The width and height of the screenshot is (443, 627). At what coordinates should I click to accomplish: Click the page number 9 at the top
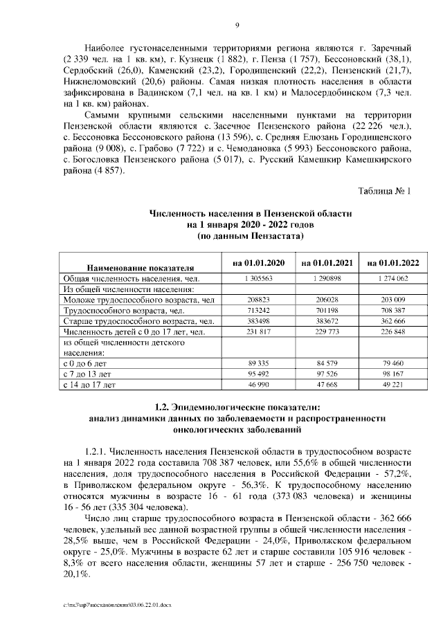(237, 26)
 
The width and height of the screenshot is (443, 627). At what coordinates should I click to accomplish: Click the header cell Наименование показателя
(139, 266)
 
